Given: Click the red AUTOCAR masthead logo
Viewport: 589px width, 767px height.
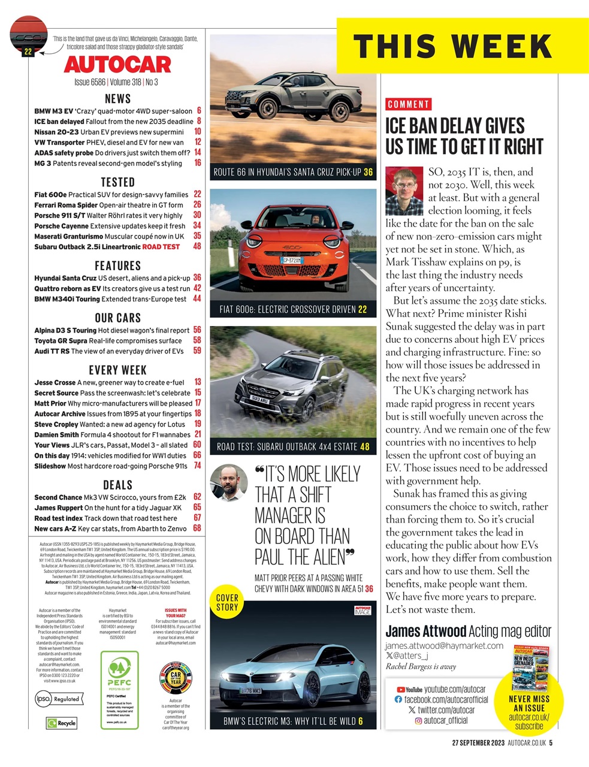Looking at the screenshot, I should tap(117, 64).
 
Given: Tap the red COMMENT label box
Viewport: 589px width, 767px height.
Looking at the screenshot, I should tap(409, 104).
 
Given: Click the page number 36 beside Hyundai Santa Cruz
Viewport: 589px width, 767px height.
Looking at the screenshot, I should tap(197, 278).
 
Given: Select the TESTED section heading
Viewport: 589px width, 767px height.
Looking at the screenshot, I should tap(117, 182).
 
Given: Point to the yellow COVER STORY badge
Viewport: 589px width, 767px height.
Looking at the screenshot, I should tap(227, 602).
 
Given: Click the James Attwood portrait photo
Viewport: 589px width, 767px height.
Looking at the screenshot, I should tap(404, 191).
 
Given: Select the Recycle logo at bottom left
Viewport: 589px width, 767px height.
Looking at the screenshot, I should tap(62, 723).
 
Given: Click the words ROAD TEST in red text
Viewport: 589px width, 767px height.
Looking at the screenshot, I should tap(161, 247).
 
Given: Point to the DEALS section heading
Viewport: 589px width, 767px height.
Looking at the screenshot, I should tap(117, 485).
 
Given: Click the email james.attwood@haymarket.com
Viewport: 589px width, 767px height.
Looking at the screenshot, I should tap(444, 645).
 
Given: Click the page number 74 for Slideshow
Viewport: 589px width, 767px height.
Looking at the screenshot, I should tap(197, 466).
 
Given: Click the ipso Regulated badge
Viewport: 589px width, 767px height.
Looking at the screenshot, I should tap(58, 699).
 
